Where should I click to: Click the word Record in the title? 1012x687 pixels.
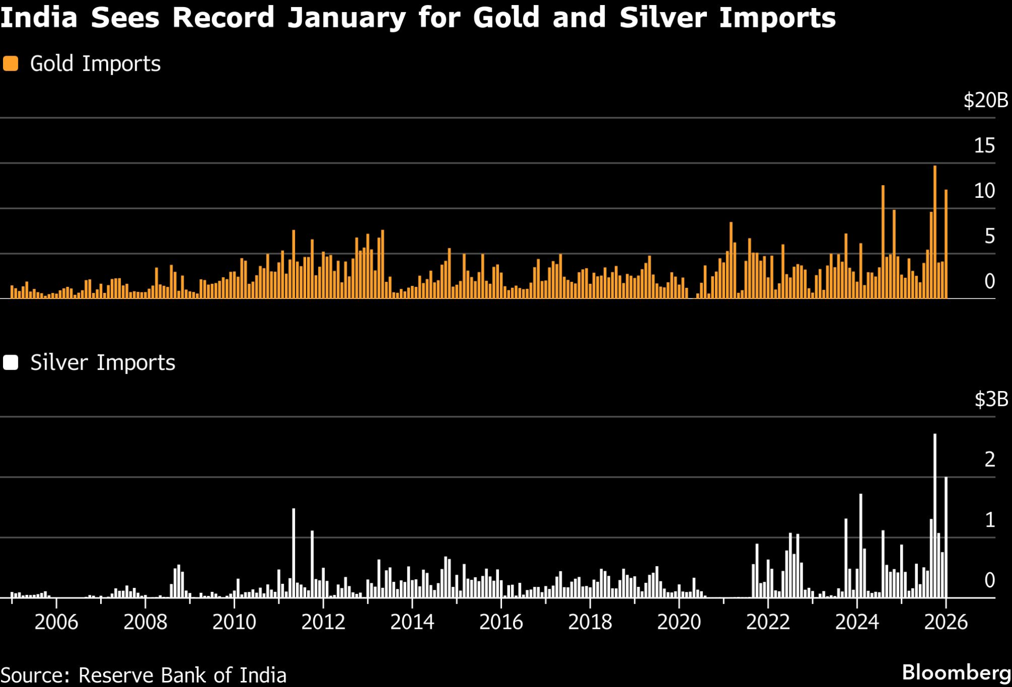point(223,18)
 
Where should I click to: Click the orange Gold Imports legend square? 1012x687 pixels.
point(11,64)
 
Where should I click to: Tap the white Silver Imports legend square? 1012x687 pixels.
point(11,363)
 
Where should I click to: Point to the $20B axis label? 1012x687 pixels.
point(985,101)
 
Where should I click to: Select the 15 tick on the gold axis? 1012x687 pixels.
point(984,146)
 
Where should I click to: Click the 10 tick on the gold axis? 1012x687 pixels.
point(984,191)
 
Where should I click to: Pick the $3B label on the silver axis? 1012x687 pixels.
point(991,400)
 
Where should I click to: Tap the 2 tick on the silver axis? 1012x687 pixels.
point(990,459)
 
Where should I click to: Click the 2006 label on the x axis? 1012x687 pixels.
point(56,622)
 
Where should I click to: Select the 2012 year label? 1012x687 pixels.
point(323,622)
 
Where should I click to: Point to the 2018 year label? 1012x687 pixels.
point(590,622)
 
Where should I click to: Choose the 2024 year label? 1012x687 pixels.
point(857,622)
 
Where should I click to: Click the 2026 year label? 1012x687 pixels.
point(946,622)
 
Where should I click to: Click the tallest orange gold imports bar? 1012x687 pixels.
point(935,233)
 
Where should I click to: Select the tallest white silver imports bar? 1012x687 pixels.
point(935,516)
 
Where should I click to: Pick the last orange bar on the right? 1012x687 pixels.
point(946,245)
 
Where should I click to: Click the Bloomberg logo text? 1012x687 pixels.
point(956,672)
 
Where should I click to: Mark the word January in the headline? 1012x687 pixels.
point(347,18)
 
